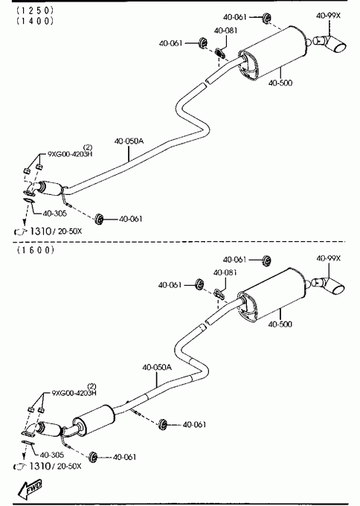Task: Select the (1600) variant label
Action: coord(36,250)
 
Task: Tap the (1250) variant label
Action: coord(35,10)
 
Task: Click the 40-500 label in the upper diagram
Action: coord(280,83)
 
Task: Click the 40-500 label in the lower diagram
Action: coord(280,324)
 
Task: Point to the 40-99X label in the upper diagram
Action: coord(328,15)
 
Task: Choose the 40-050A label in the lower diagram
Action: coord(157,368)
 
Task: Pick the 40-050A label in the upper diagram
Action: coord(129,141)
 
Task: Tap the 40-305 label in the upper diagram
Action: coord(54,214)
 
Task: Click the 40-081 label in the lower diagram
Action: coord(225,272)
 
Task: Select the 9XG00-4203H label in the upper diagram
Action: coord(70,153)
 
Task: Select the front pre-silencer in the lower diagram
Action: coord(93,421)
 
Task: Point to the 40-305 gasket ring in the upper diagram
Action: coord(29,201)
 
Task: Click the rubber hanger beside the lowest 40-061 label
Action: coord(93,456)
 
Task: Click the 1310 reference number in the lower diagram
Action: coord(39,466)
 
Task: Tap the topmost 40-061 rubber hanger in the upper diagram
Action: coord(266,18)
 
